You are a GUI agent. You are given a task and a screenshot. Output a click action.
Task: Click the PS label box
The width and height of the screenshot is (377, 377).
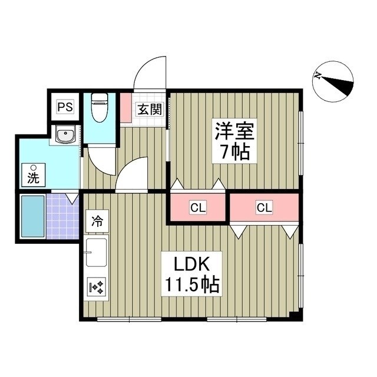64,107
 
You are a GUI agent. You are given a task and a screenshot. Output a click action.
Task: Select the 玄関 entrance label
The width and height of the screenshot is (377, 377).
149,109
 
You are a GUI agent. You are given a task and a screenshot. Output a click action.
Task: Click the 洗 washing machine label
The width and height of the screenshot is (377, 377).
32,175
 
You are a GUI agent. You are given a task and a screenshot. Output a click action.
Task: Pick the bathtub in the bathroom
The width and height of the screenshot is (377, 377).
32,216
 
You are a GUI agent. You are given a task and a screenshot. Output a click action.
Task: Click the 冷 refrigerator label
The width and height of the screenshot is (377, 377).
97,222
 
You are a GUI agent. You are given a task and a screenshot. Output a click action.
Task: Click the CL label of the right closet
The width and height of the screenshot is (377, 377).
263,207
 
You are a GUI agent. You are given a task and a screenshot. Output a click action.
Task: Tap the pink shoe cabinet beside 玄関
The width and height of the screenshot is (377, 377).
126,107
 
